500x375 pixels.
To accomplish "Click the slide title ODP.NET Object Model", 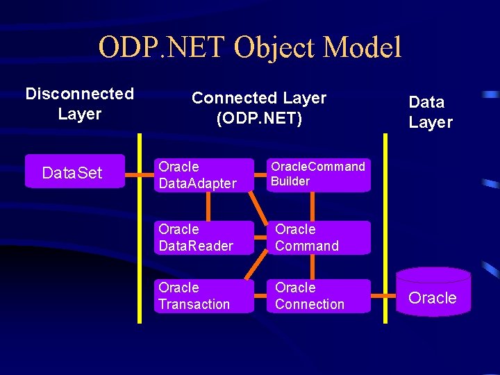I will (250, 48).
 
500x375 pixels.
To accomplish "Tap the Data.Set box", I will (74, 172).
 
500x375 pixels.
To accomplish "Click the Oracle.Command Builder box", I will (318, 174).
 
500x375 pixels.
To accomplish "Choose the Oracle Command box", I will (318, 237).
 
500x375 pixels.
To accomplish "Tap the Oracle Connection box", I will (318, 296).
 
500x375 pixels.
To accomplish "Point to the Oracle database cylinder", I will (433, 294).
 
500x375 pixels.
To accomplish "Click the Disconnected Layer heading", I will (79, 103).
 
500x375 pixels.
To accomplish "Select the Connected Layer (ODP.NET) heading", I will (259, 108).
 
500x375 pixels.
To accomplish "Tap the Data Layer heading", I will (431, 112).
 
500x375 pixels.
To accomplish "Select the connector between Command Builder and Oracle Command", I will (312, 206).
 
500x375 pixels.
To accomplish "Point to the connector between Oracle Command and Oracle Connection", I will (312, 267).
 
